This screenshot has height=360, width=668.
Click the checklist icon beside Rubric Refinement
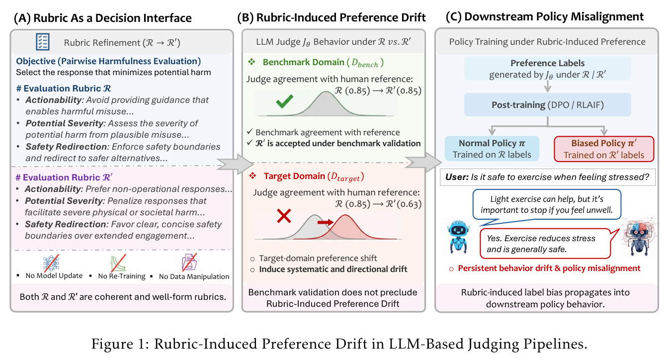43,42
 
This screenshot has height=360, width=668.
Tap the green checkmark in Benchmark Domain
284,101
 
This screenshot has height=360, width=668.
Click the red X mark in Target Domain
284,216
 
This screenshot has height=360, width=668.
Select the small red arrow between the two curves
326,222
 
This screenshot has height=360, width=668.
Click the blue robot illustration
458,237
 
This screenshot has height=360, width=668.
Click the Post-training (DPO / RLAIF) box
548,105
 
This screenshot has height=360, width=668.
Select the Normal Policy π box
492,149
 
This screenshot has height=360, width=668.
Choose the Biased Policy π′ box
604,149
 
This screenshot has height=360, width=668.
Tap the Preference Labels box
548,69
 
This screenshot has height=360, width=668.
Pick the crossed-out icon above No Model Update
51,263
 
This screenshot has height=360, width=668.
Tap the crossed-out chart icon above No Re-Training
118,263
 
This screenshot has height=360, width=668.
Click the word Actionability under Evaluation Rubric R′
53,189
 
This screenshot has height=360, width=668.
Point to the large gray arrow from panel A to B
235,164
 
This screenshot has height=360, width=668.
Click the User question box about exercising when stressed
548,177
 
